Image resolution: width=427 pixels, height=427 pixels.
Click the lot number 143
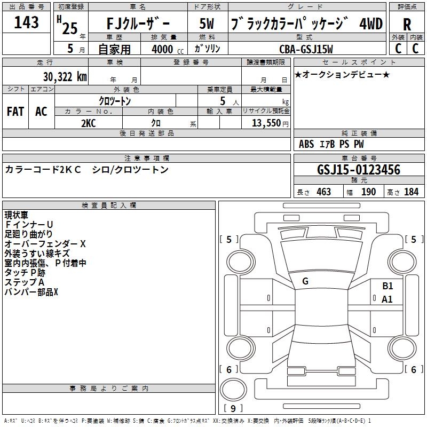click(27, 23)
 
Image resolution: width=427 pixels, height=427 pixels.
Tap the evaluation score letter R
click(407, 25)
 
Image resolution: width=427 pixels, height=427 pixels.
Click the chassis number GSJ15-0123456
click(358, 170)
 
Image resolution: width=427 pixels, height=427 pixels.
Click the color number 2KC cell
click(89, 122)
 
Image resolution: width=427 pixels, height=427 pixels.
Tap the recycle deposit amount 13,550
click(265, 122)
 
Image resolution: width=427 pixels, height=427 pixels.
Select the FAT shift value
click(15, 111)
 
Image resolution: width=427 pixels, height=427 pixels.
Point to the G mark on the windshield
click(305, 281)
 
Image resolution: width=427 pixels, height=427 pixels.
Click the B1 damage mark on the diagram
click(388, 286)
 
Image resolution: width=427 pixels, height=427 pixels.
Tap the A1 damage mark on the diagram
click(387, 299)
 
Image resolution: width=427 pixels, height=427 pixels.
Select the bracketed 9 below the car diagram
click(233, 409)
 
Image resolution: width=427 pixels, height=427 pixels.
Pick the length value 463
click(323, 192)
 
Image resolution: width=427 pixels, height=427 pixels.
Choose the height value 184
click(412, 192)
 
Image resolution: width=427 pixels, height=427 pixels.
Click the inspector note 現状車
click(17, 215)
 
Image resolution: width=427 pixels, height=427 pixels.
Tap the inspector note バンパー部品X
click(31, 292)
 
